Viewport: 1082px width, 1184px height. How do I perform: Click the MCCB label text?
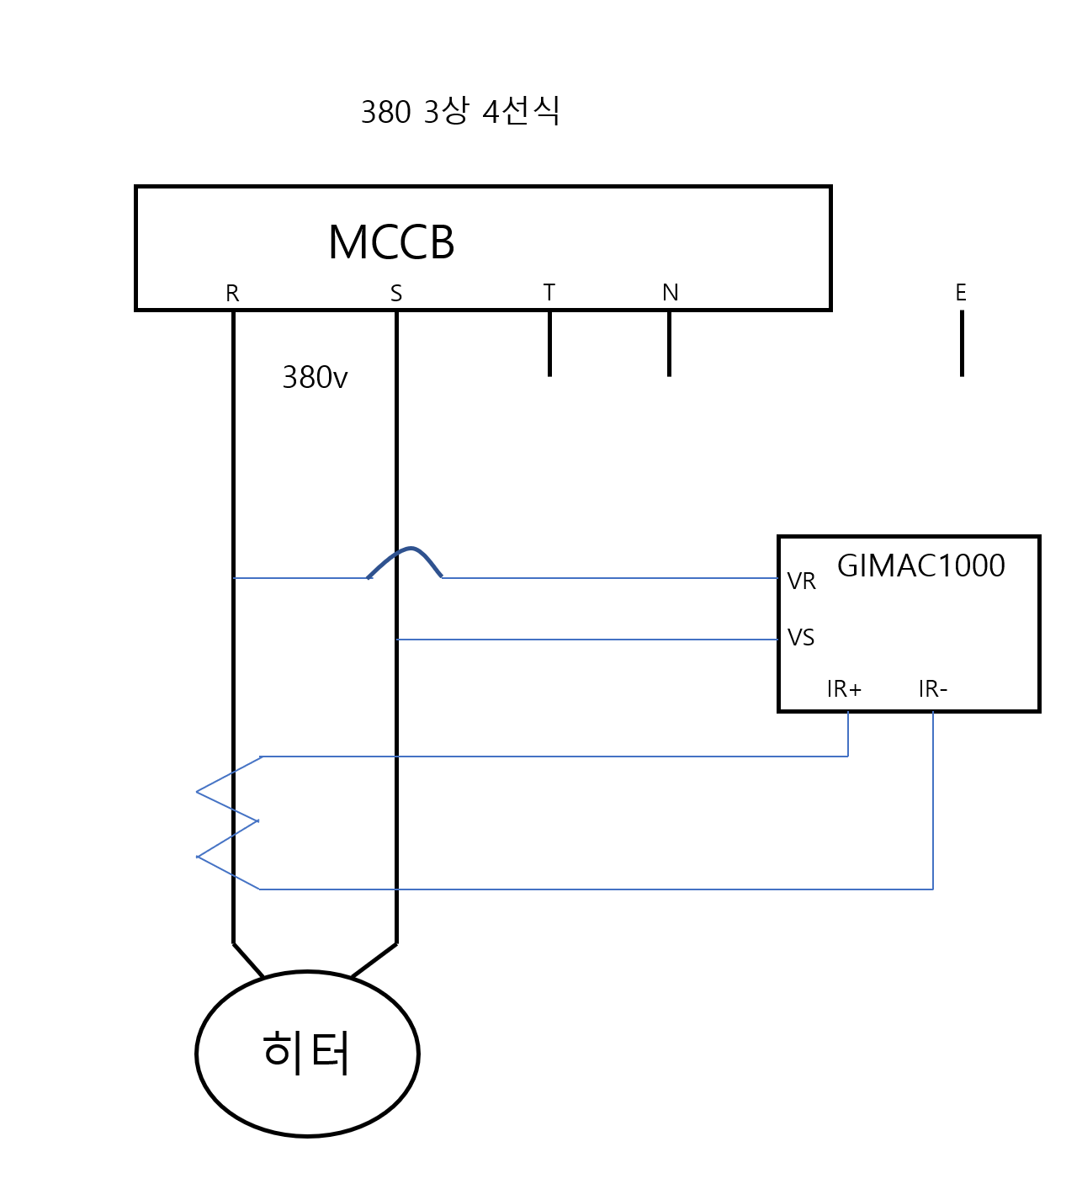click(x=391, y=243)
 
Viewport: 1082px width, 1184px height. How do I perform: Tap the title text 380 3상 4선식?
click(x=460, y=111)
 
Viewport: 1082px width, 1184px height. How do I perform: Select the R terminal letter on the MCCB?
click(x=232, y=294)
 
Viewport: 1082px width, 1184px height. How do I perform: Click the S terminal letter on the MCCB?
click(x=396, y=294)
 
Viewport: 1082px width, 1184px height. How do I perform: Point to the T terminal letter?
click(x=549, y=293)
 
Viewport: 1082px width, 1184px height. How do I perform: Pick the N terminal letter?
click(x=670, y=293)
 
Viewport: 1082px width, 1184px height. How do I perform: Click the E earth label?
click(x=961, y=293)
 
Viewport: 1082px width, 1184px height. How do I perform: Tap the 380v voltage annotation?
click(x=315, y=378)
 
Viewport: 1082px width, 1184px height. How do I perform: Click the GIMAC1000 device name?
click(x=920, y=565)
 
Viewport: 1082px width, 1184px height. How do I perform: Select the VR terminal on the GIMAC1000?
click(x=801, y=581)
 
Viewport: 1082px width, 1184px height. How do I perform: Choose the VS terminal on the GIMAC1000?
click(x=801, y=638)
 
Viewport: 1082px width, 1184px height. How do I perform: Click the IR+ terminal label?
click(x=844, y=689)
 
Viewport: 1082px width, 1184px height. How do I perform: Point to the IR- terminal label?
click(x=933, y=689)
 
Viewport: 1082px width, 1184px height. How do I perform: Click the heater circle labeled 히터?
click(x=307, y=1054)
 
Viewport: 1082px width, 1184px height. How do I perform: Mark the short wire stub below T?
click(x=549, y=343)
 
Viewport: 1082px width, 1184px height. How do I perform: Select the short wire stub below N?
click(x=669, y=343)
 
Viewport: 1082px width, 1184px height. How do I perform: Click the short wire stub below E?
click(x=962, y=343)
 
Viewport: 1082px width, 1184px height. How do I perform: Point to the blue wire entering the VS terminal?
click(x=589, y=640)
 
